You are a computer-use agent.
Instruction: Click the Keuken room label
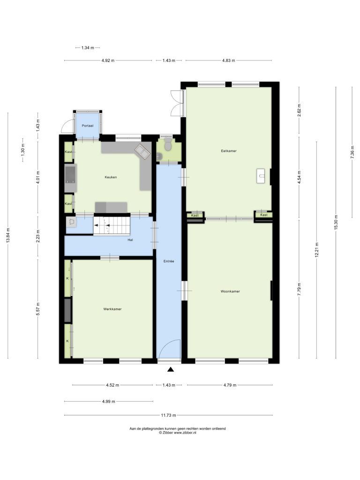(x=111, y=177)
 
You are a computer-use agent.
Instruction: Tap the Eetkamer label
(x=229, y=151)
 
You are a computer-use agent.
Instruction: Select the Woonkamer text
(x=230, y=292)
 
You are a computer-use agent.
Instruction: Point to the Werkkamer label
(x=112, y=309)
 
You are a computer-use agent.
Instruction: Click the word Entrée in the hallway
(x=169, y=262)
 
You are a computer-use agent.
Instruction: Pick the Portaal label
(x=88, y=126)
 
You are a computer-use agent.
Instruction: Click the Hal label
(x=130, y=240)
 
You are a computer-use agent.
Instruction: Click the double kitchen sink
(x=142, y=151)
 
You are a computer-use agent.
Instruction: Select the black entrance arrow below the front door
(x=171, y=369)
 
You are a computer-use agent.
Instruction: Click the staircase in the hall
(x=112, y=226)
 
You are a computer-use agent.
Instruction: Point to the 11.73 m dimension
(x=168, y=415)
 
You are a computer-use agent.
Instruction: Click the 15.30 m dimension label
(x=336, y=222)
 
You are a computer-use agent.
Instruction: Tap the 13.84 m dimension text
(x=8, y=235)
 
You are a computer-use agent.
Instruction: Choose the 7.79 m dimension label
(x=299, y=289)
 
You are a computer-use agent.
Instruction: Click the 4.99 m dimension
(x=109, y=402)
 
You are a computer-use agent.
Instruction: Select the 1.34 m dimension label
(x=88, y=48)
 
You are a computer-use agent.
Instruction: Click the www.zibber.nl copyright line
(x=178, y=433)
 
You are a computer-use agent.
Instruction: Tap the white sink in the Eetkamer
(x=261, y=176)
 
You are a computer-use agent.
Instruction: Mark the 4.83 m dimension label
(x=229, y=60)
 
